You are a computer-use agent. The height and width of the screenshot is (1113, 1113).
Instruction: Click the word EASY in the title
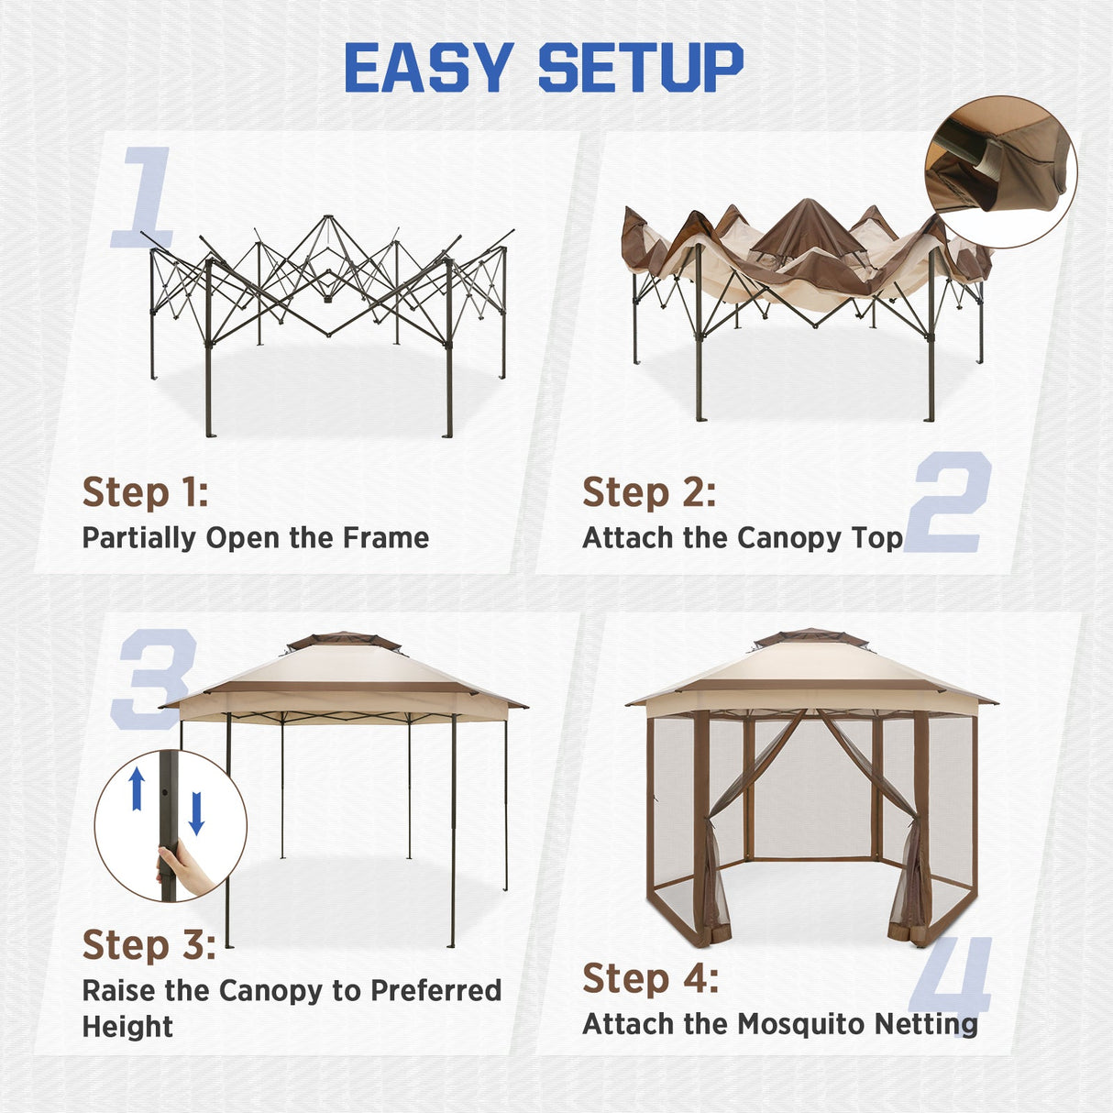point(428,68)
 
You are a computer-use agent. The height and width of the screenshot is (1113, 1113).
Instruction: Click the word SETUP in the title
point(640,68)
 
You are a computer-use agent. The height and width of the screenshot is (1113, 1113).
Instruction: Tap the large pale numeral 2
point(948,501)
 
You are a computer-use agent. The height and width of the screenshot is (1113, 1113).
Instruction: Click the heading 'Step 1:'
point(145,492)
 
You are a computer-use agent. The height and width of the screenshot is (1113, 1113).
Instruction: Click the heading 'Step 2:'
point(648,492)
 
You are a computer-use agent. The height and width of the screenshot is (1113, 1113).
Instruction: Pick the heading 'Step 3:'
point(149,944)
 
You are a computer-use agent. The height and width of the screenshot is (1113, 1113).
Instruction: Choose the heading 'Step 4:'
point(650,978)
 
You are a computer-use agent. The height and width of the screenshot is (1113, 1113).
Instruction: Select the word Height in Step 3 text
point(127,1027)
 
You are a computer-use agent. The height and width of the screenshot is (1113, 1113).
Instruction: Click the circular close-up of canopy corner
point(1001,171)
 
